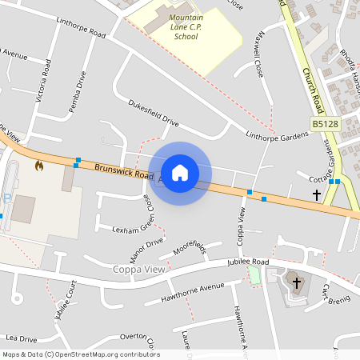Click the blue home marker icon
coord(180,173)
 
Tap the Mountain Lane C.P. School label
coord(186,26)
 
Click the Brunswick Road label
coord(123,170)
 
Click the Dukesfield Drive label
coord(154,114)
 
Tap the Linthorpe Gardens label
coord(277,135)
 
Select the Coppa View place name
coord(139,269)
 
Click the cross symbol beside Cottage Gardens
coord(316,194)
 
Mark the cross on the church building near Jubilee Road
coord(297,283)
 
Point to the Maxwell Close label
coord(260,61)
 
